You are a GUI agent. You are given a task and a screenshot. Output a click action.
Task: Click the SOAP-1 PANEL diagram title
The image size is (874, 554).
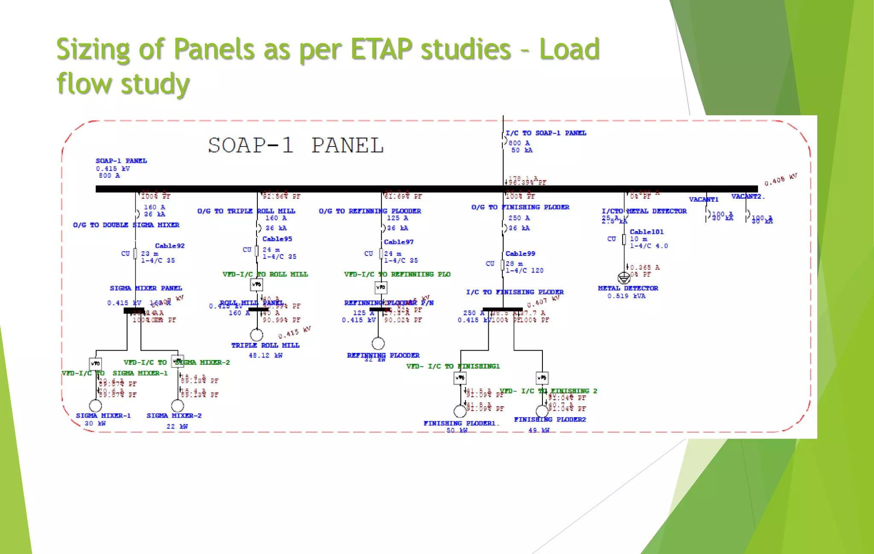pos(296,146)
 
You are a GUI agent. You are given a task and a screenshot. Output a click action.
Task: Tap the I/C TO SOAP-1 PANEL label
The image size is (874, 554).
pos(546,133)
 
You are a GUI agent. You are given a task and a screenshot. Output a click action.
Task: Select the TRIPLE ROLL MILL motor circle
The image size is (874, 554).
pos(256,334)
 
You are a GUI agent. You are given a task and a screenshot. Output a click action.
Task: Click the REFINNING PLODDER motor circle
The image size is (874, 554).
pos(378,343)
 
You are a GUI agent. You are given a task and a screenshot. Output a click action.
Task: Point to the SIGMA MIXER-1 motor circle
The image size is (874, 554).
pos(96,405)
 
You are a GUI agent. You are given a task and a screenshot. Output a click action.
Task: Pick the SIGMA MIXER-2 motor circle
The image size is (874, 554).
pos(178,405)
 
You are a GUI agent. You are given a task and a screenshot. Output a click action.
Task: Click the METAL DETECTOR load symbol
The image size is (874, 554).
pos(624,278)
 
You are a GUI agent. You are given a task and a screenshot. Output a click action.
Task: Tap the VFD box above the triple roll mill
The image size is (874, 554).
pos(256,284)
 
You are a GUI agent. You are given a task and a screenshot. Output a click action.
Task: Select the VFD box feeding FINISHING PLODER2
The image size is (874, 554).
pos(542,378)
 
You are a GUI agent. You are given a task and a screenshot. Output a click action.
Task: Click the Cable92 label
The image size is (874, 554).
pos(169,246)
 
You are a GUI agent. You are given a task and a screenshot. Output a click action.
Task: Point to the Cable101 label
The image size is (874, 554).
pos(647,232)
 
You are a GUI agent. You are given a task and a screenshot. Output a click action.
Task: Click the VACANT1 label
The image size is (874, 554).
pos(704,199)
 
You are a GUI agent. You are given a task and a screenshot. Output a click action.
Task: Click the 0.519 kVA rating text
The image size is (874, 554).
pos(626,296)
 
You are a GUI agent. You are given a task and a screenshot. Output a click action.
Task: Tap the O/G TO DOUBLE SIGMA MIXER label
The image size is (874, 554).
pos(126,225)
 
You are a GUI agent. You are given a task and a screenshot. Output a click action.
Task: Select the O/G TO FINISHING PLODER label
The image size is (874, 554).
pos(520,207)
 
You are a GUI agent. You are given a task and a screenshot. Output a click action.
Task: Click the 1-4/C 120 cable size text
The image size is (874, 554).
pos(524,270)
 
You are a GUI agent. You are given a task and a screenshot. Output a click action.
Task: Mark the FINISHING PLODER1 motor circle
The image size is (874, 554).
pos(460,411)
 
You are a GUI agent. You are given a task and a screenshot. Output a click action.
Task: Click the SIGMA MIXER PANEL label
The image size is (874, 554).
pos(146,288)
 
